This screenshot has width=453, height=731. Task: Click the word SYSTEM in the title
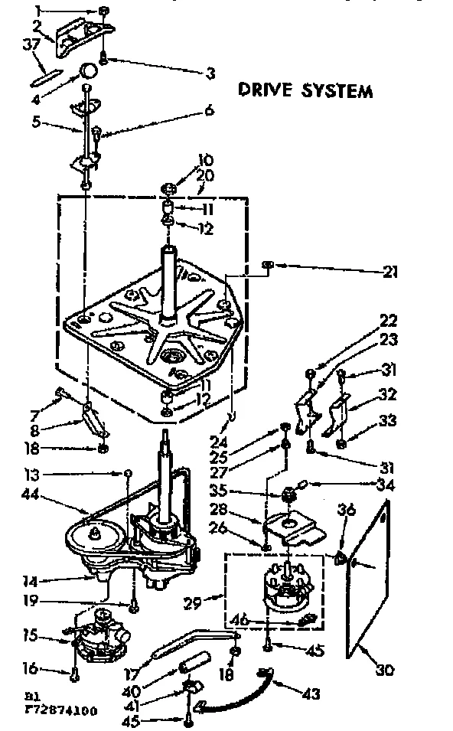tap(336, 91)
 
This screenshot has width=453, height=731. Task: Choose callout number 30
tap(385, 671)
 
